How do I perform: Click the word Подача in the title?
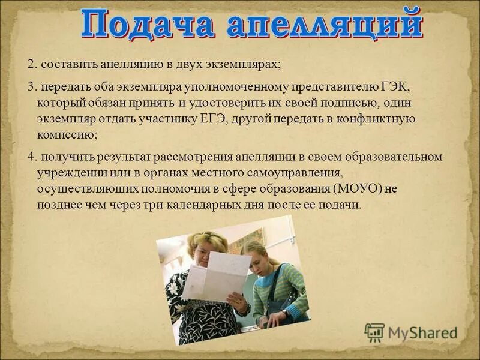149,26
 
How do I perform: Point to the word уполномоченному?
242,87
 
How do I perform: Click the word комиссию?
65,134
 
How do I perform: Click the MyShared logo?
410,332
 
